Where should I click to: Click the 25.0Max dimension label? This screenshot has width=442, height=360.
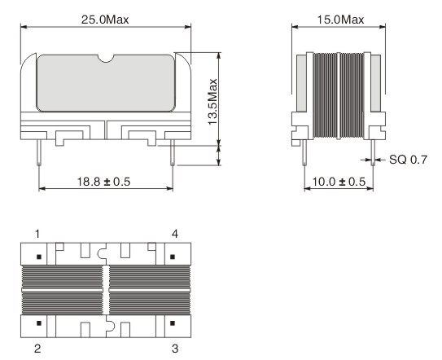click(x=106, y=17)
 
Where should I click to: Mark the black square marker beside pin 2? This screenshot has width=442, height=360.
click(x=39, y=324)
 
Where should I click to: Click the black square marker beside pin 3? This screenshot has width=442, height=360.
click(x=170, y=324)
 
